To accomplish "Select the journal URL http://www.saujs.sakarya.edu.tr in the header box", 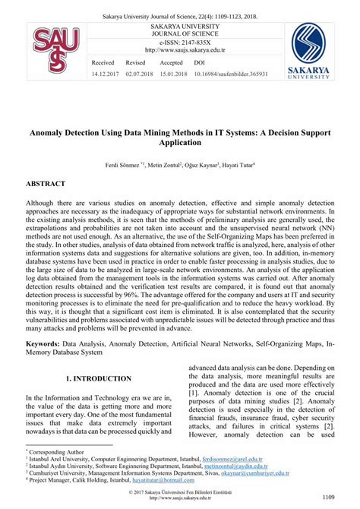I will pos(179,52).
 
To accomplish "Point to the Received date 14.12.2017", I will pos(104,74).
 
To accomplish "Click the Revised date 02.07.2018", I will pos(140,74).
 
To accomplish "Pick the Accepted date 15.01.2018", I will pos(175,74).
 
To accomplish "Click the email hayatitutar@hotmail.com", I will pos(170,479).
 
